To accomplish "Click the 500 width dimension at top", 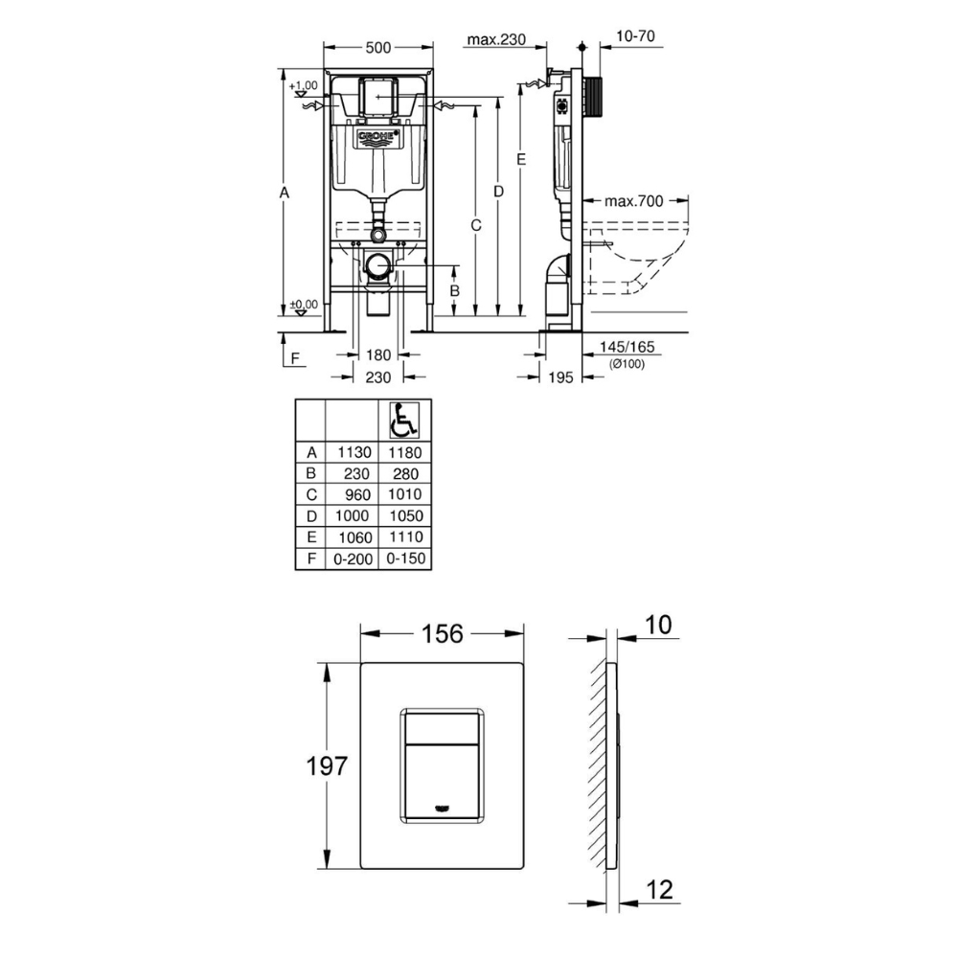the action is pyautogui.click(x=378, y=48).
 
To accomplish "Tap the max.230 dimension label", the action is pyautogui.click(x=496, y=39).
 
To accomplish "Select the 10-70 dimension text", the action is pyautogui.click(x=635, y=36).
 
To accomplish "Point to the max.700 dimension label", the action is pyautogui.click(x=633, y=201).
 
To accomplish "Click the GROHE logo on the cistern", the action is pyautogui.click(x=378, y=139).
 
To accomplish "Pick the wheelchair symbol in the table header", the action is pyautogui.click(x=404, y=421).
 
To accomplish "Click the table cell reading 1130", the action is pyautogui.click(x=354, y=453).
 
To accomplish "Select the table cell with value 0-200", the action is pyautogui.click(x=354, y=559).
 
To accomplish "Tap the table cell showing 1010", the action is pyautogui.click(x=405, y=493).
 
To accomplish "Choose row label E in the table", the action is pyautogui.click(x=311, y=537).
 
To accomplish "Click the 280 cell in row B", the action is pyautogui.click(x=406, y=474).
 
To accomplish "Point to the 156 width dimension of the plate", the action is pyautogui.click(x=443, y=634).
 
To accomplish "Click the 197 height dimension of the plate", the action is pyautogui.click(x=327, y=765).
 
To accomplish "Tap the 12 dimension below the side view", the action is pyautogui.click(x=660, y=890).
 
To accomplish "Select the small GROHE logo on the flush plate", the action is pyautogui.click(x=441, y=809).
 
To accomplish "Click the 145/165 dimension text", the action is pyautogui.click(x=627, y=347).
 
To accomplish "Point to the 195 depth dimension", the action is pyautogui.click(x=560, y=377).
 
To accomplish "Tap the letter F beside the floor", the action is pyautogui.click(x=296, y=358).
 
